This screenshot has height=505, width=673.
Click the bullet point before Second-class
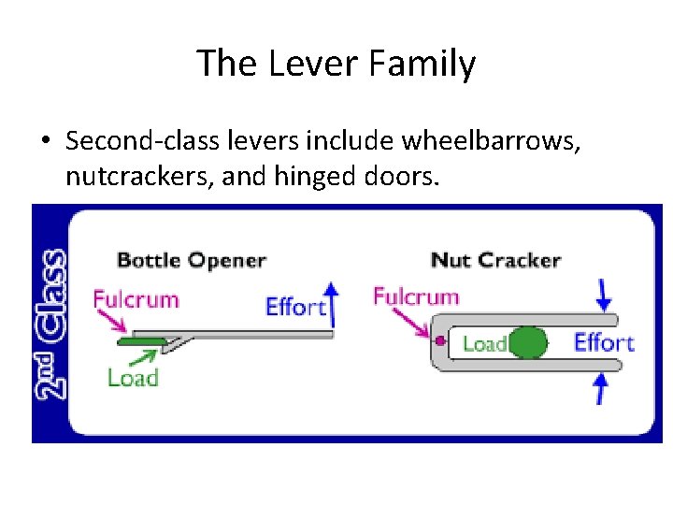pos(45,141)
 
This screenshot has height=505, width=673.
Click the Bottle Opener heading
pos(191,261)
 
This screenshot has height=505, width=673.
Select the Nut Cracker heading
pos(495,260)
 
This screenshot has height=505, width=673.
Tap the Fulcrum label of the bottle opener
pos(136,300)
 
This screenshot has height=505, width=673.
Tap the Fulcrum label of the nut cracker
pos(416,297)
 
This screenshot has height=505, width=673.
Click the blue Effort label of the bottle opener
pos(295,307)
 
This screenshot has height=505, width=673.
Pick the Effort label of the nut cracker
pos(604,342)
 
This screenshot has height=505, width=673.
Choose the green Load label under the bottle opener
pos(133,378)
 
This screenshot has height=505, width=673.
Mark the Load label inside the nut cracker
pos(484,344)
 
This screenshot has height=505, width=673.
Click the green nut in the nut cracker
pos(528,342)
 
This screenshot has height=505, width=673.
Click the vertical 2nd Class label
pos(52,324)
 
